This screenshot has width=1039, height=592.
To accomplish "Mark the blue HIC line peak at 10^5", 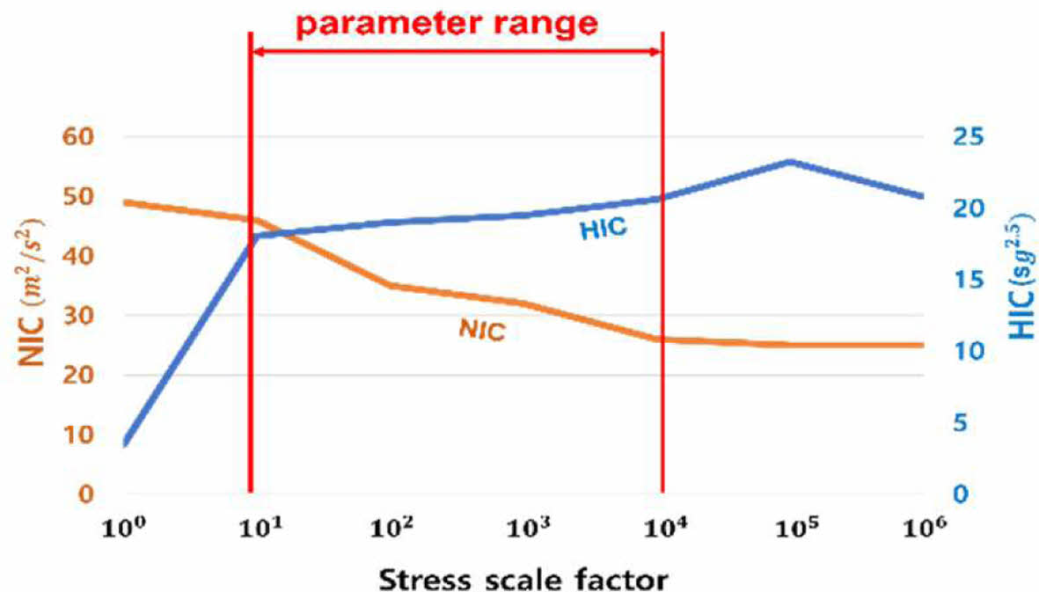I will pyautogui.click(x=790, y=161).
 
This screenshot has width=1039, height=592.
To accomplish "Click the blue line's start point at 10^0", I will pyautogui.click(x=125, y=444).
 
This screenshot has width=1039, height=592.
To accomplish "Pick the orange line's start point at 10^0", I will pyautogui.click(x=125, y=201).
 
